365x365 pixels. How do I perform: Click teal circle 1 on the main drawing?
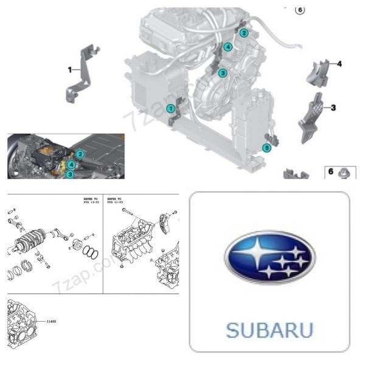coord(171,108)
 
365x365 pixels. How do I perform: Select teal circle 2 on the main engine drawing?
coord(243,32)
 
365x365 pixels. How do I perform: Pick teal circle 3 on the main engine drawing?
coord(223,73)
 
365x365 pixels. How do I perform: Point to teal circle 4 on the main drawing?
coord(228,47)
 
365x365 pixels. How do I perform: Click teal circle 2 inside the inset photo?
coord(80,155)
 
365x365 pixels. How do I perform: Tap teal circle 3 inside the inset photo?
coord(71,174)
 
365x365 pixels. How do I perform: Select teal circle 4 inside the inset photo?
coord(72,164)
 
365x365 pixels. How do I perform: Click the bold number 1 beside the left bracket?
coord(69,70)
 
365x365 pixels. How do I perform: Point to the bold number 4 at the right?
coord(339,64)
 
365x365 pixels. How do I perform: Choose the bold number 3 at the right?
coord(333,108)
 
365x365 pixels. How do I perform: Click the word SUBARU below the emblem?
coord(269,330)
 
